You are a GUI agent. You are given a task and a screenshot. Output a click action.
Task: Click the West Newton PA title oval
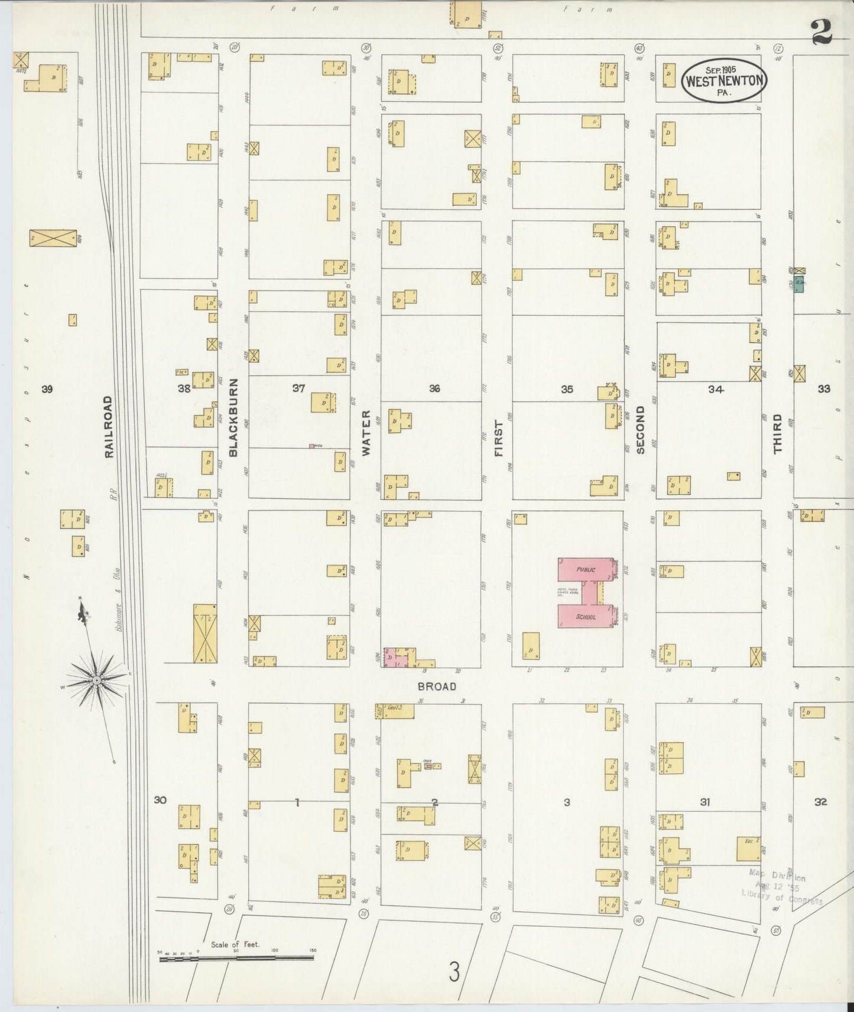[x=724, y=81]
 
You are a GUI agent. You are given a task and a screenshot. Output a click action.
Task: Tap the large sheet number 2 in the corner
[x=821, y=32]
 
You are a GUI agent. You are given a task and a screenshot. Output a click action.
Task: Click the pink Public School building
[x=586, y=593]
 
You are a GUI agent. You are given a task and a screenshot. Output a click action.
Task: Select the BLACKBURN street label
[x=233, y=417]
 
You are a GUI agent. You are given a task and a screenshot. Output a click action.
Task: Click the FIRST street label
[x=498, y=439]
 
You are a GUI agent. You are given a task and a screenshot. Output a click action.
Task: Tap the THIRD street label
[x=777, y=434]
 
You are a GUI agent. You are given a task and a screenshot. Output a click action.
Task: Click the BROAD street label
[x=437, y=686]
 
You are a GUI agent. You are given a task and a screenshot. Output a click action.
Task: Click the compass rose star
[x=96, y=681]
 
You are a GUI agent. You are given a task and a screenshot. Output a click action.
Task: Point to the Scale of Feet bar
[x=236, y=959]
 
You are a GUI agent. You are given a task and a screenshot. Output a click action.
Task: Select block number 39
[x=47, y=389]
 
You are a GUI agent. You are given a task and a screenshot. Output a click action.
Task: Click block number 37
[x=298, y=388]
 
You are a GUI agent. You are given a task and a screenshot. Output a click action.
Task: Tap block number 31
[x=704, y=802]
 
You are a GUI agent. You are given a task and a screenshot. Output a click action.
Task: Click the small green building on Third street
[x=799, y=284]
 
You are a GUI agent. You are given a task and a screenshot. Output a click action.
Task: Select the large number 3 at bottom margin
[x=454, y=971]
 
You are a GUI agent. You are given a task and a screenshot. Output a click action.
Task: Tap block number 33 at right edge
[x=824, y=389]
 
